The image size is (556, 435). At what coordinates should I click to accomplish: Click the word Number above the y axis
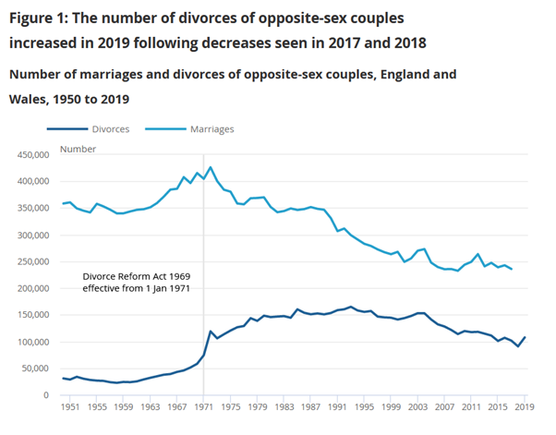coord(79,148)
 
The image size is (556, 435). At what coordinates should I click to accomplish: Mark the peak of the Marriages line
coord(211,167)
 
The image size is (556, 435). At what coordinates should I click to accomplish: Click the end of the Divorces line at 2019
coord(526,337)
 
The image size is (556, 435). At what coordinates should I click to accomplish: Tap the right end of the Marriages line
coord(512,269)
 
